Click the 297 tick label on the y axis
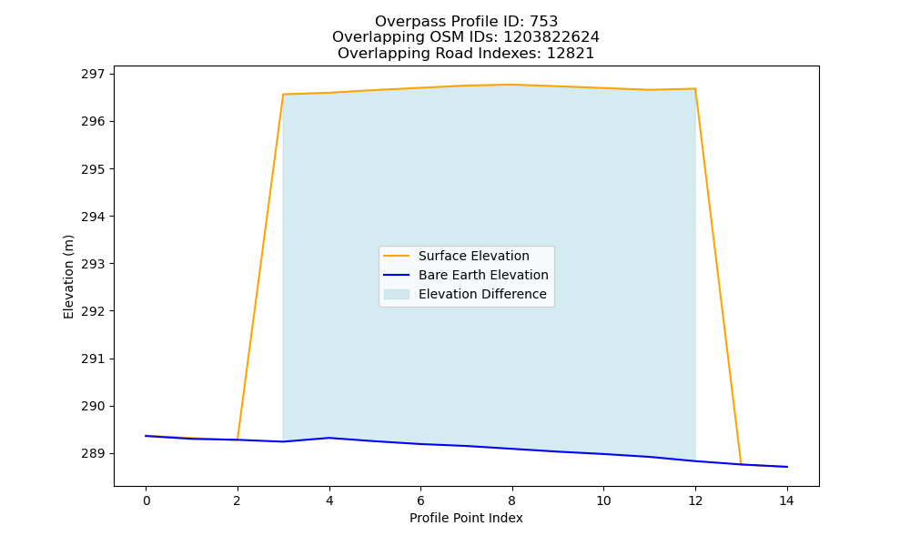click(x=93, y=75)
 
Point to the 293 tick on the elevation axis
click(x=93, y=264)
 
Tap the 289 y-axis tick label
click(x=93, y=454)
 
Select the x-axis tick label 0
click(x=147, y=500)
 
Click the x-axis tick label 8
click(x=511, y=500)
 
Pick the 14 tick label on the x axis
click(x=786, y=500)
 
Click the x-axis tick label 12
click(x=695, y=500)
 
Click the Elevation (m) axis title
click(x=69, y=277)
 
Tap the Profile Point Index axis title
click(x=466, y=518)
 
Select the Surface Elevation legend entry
click(x=473, y=256)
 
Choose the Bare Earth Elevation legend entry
click(x=483, y=275)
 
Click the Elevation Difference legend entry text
click(x=482, y=294)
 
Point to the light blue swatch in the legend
click(x=397, y=294)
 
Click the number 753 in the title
click(x=544, y=22)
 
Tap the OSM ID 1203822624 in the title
click(x=551, y=37)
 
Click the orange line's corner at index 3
click(x=283, y=94)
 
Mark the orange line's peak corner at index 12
click(x=695, y=89)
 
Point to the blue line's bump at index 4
click(x=329, y=438)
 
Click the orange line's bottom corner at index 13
click(x=741, y=464)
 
